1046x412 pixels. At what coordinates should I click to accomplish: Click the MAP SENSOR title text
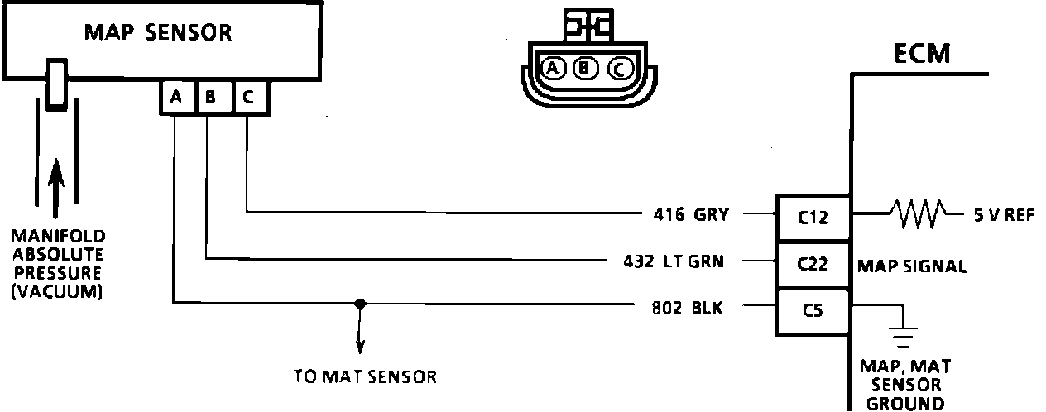pyautogui.click(x=158, y=33)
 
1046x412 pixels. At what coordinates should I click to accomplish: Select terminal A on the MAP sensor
pyautogui.click(x=176, y=98)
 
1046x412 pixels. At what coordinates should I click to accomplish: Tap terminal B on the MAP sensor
pyautogui.click(x=211, y=98)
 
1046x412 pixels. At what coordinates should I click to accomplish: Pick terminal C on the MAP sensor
pyautogui.click(x=248, y=98)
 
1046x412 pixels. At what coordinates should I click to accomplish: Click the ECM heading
pyautogui.click(x=922, y=55)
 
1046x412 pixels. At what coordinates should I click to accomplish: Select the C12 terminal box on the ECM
pyautogui.click(x=812, y=218)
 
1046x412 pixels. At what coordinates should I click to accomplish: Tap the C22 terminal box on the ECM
pyautogui.click(x=812, y=265)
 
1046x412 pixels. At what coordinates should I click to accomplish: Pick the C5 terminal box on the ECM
pyautogui.click(x=812, y=311)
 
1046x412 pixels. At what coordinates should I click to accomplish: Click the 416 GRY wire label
pyautogui.click(x=690, y=215)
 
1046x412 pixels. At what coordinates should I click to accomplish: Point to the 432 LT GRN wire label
pyautogui.click(x=674, y=262)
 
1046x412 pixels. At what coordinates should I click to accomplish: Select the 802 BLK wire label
pyautogui.click(x=687, y=309)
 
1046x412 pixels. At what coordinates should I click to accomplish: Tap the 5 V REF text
pyautogui.click(x=1004, y=215)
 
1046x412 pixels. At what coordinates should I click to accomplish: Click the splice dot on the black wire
pyautogui.click(x=359, y=304)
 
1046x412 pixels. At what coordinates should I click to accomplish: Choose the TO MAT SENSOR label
pyautogui.click(x=365, y=376)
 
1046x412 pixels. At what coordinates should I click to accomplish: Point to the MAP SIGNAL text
pyautogui.click(x=911, y=266)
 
